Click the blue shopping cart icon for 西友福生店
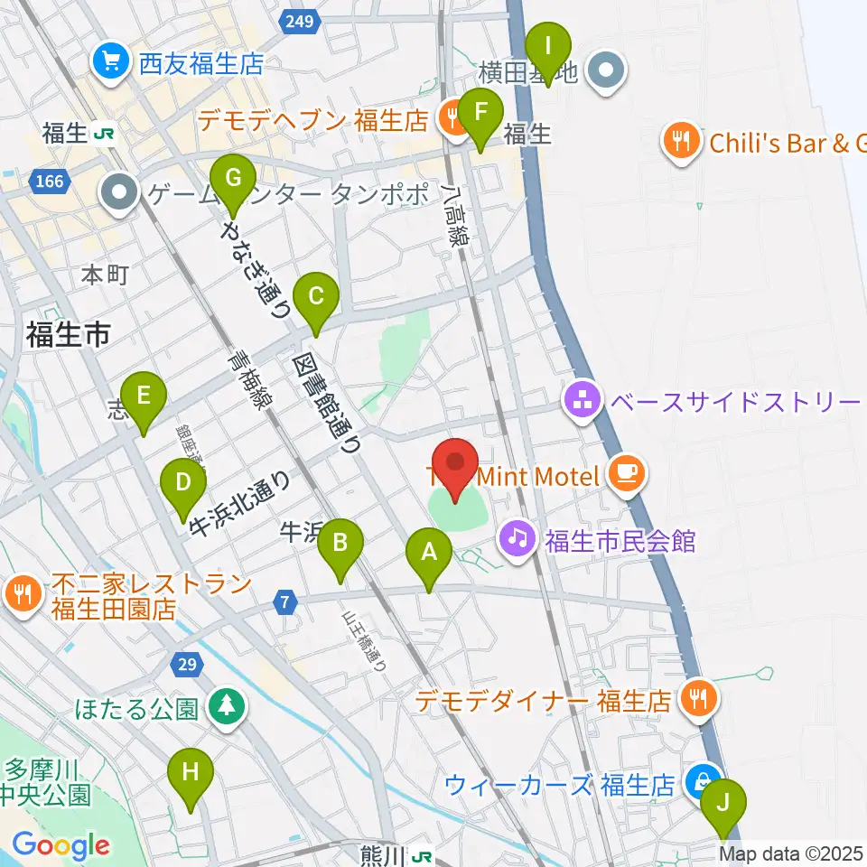pyautogui.click(x=112, y=63)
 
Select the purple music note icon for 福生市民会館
pyautogui.click(x=517, y=541)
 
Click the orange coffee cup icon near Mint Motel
pyautogui.click(x=625, y=474)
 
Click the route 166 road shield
pyautogui.click(x=51, y=182)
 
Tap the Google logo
pyautogui.click(x=61, y=845)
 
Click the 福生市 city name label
pyautogui.click(x=68, y=336)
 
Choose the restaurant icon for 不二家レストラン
pyautogui.click(x=21, y=595)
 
